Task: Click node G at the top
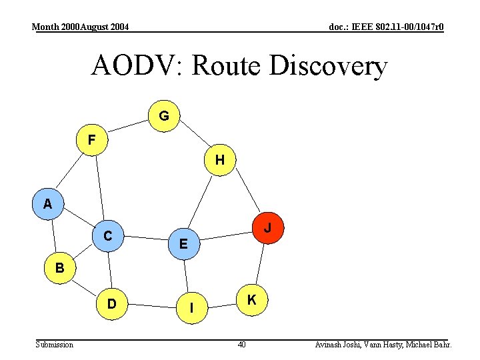coord(164,116)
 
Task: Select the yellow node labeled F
coord(91,139)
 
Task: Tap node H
coord(219,160)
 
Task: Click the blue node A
coord(47,204)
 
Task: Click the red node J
coord(267,227)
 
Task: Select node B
coord(60,269)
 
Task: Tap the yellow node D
coord(112,303)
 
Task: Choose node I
coord(192,308)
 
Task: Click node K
coord(252,300)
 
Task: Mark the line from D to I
coord(152,306)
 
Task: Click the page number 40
coord(242,345)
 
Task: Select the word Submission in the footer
coord(55,345)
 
